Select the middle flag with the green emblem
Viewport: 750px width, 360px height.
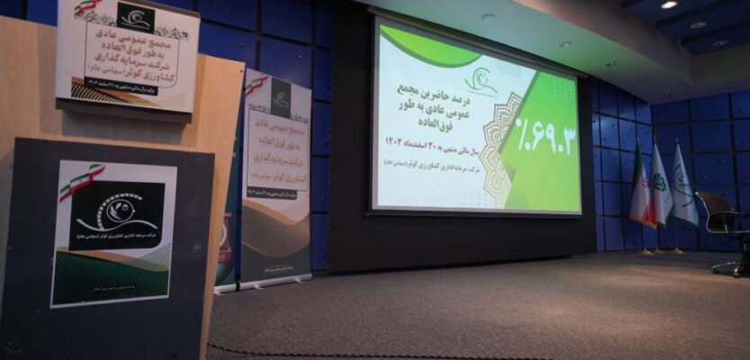pos(661,186)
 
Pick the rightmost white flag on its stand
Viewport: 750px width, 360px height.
pos(683,186)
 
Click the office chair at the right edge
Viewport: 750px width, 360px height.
pos(726,230)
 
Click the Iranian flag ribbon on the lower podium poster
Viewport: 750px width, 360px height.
pos(81,181)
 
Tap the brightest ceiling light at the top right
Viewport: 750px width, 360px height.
pos(668,4)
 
